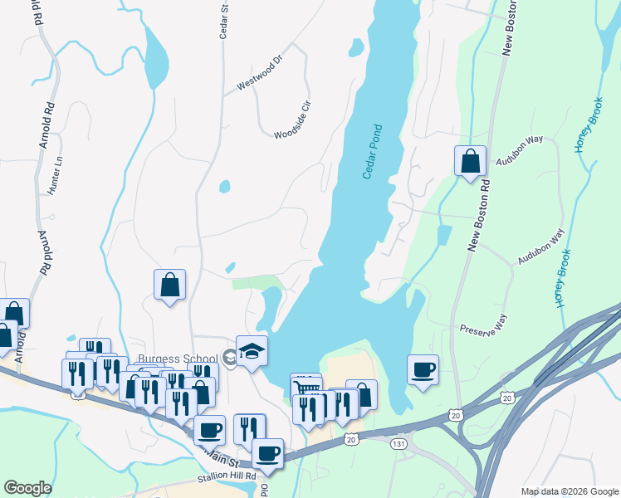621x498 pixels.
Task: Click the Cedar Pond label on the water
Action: (373, 152)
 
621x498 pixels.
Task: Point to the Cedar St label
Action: (224, 19)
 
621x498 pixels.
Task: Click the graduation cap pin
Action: (252, 352)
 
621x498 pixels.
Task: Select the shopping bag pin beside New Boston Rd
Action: (470, 161)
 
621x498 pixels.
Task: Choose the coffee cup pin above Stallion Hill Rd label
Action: (208, 430)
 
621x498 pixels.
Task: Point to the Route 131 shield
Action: (399, 445)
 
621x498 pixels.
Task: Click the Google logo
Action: (27, 488)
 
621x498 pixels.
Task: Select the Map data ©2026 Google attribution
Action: (570, 491)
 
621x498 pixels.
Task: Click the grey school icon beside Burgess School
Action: (229, 359)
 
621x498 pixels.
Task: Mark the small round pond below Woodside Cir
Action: (224, 187)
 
